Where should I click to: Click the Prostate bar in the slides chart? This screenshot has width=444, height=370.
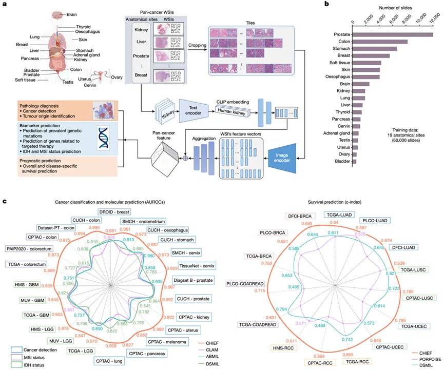coord(392,35)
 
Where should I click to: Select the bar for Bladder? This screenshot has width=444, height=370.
coord(354,162)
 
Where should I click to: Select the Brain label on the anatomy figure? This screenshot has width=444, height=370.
coord(72,15)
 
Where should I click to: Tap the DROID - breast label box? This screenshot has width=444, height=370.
coord(114,211)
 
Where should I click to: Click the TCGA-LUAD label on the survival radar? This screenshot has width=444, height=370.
coord(338,215)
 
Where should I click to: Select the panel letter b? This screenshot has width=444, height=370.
coord(327,4)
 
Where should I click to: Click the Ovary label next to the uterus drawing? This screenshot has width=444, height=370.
coord(117,77)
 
